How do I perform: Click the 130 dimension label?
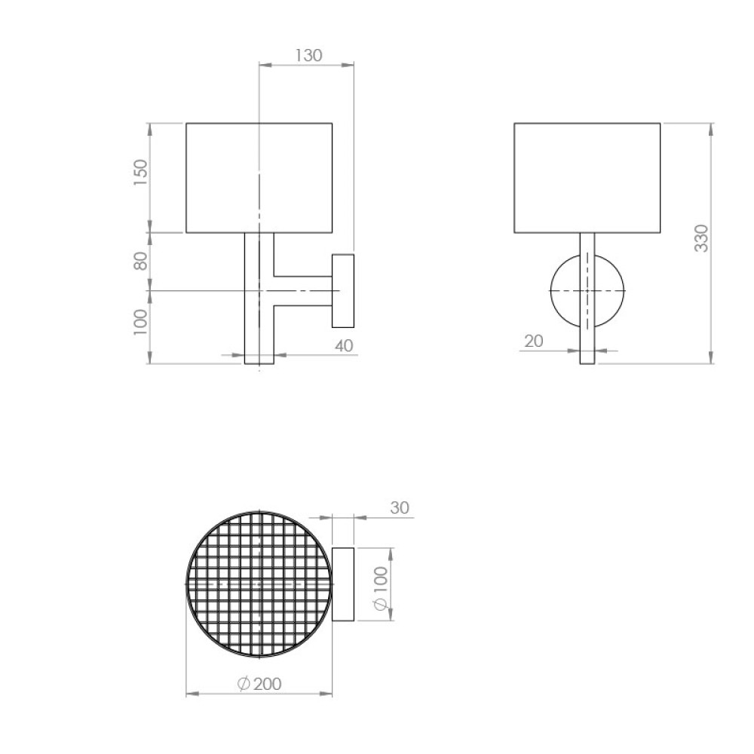[x=308, y=55]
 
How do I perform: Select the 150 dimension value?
[x=140, y=173]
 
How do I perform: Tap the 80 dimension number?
[x=140, y=261]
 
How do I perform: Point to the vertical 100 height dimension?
[x=140, y=322]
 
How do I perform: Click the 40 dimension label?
[x=344, y=345]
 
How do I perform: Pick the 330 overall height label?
[x=701, y=238]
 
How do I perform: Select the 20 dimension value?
[x=533, y=341]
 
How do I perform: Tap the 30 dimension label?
[x=400, y=507]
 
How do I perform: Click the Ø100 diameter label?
[x=380, y=589]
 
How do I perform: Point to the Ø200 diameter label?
[x=259, y=683]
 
